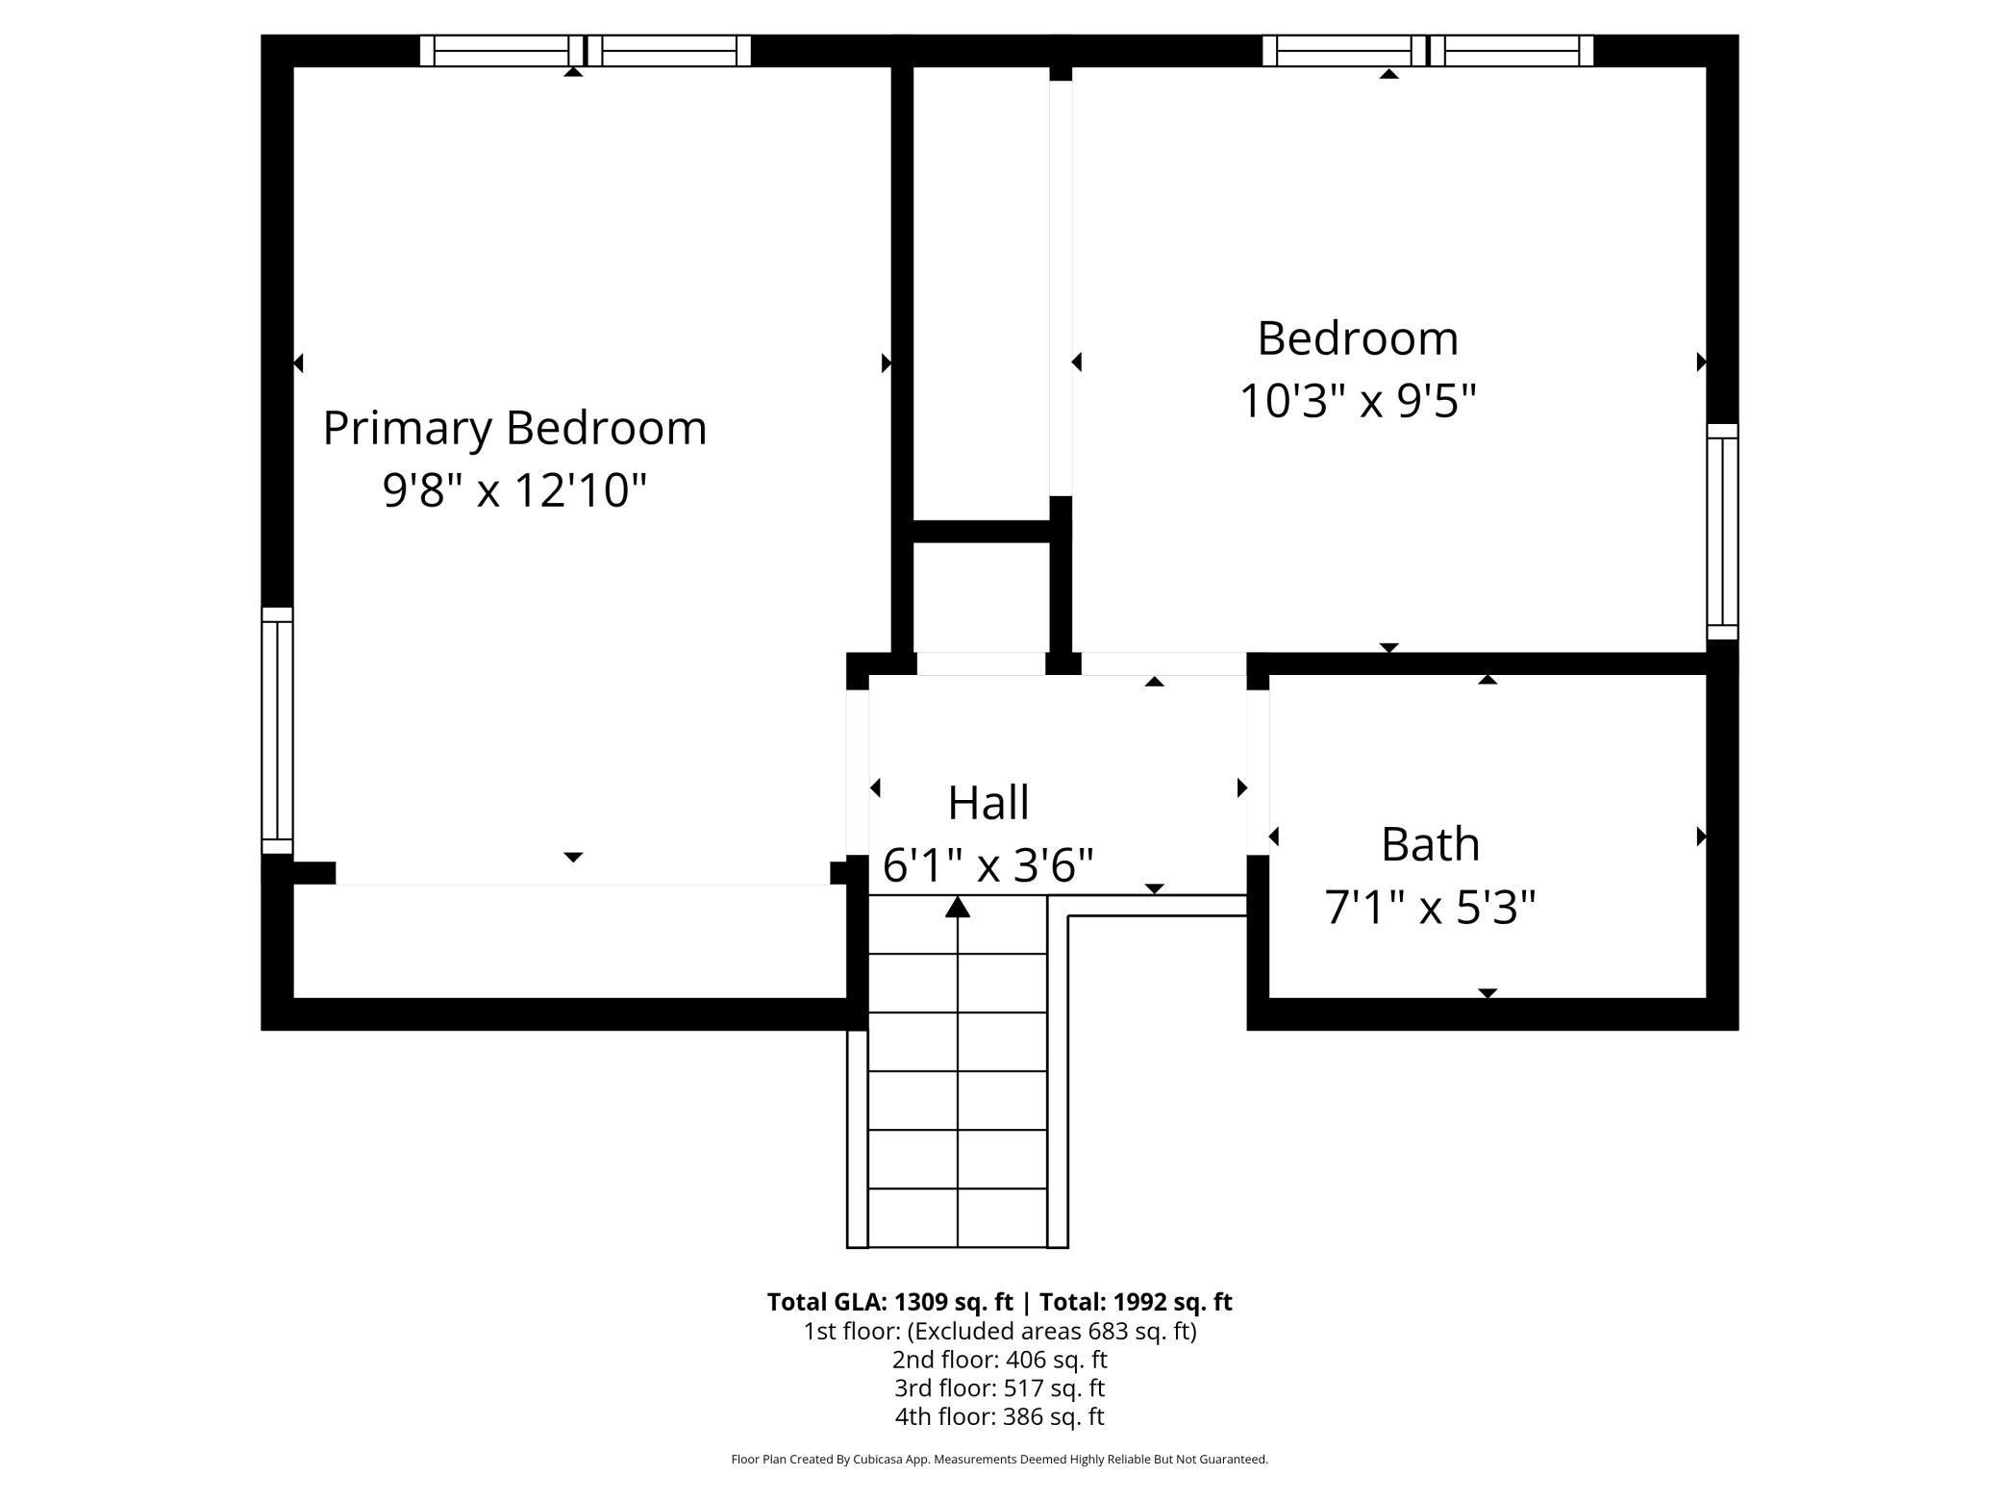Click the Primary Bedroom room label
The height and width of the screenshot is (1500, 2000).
point(514,428)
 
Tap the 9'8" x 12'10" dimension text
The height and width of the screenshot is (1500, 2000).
point(514,490)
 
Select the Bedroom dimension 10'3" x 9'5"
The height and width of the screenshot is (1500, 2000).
point(1358,401)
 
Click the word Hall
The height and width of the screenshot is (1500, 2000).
point(988,803)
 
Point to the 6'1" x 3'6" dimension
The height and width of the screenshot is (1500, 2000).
point(988,865)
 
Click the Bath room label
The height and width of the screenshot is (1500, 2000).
point(1430,844)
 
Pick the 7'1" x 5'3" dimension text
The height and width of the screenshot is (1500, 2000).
point(1430,907)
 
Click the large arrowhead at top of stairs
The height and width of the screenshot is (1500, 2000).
point(957,907)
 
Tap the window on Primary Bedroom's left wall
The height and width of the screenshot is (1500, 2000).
point(277,731)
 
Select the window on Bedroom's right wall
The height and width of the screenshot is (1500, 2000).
point(1722,532)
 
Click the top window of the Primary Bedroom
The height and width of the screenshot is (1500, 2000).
point(585,50)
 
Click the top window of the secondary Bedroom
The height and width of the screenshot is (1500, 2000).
point(1427,50)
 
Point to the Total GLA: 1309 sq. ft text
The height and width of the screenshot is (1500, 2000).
point(889,1302)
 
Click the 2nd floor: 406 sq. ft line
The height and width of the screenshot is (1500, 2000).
point(999,1360)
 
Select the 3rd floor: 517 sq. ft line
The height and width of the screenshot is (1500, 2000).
point(999,1388)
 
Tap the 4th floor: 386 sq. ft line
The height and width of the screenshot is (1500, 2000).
point(999,1416)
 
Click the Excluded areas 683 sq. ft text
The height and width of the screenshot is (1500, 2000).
point(1052,1331)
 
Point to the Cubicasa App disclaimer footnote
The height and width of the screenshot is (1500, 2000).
point(999,1460)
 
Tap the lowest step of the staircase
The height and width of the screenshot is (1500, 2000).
point(957,1218)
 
